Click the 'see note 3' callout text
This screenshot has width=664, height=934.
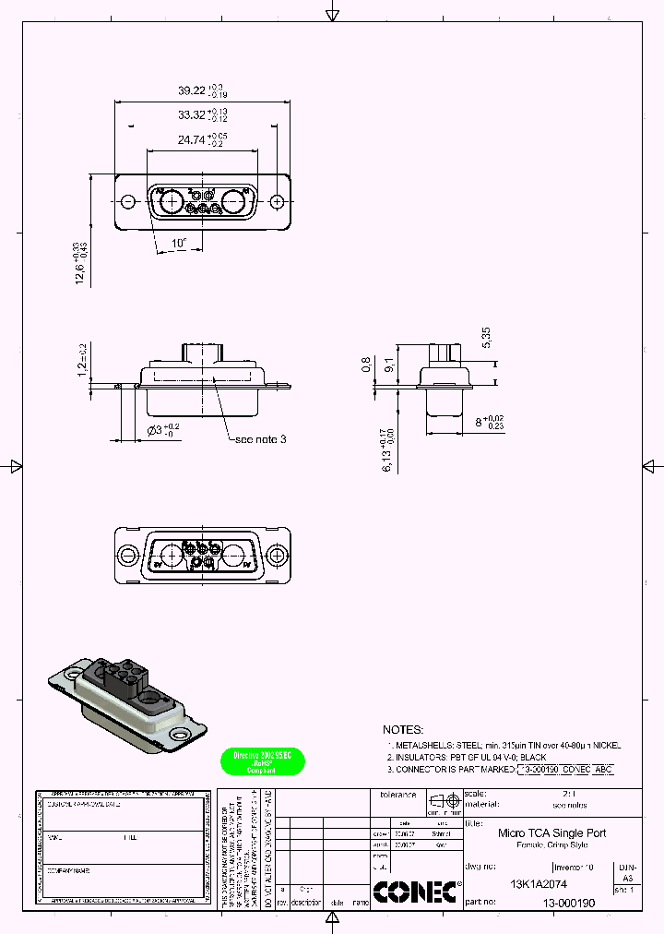261,439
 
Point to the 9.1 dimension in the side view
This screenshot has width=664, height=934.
388,365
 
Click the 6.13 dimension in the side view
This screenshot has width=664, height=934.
388,450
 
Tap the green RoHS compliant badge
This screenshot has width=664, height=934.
263,760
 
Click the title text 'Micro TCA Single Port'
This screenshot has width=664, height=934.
552,832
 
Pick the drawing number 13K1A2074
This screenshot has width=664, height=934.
539,883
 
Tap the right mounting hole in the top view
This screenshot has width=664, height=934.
278,201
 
